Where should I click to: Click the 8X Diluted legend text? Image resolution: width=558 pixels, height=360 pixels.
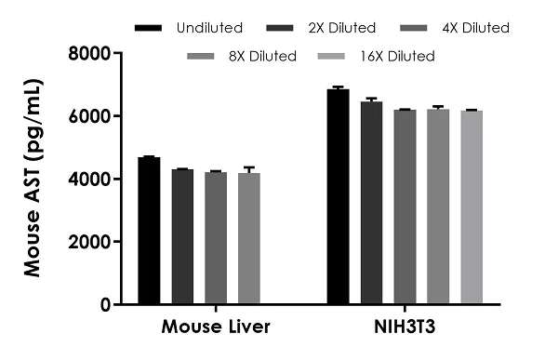coord(261,57)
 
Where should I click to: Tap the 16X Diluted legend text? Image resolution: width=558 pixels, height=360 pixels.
coord(396,57)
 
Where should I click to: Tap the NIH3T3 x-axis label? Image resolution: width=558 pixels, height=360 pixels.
coord(404,328)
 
